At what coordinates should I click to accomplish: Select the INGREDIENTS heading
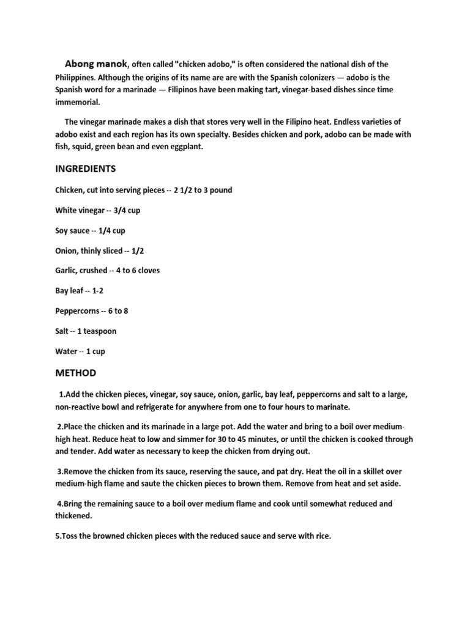(85, 168)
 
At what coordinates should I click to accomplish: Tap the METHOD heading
(75, 372)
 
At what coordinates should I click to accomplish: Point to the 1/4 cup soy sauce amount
(116, 230)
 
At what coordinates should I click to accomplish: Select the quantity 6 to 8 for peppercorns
(118, 311)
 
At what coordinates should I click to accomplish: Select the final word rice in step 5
(321, 536)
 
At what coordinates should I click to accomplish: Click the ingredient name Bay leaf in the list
(69, 291)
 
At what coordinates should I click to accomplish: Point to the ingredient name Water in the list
(66, 352)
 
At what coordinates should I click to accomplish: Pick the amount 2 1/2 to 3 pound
(203, 190)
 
